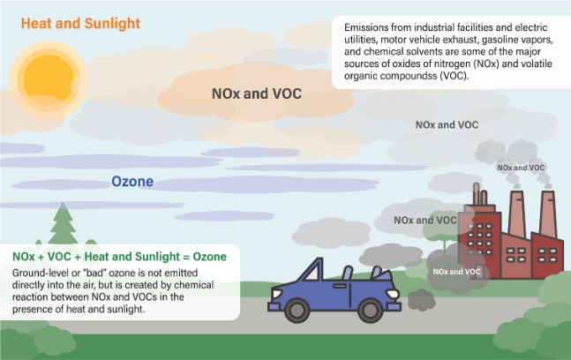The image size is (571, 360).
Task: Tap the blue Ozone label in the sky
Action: (132, 182)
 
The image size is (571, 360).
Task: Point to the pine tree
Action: (62, 227)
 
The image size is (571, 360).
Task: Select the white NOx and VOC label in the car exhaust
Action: (457, 272)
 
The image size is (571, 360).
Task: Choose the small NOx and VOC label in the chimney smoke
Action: (522, 167)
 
